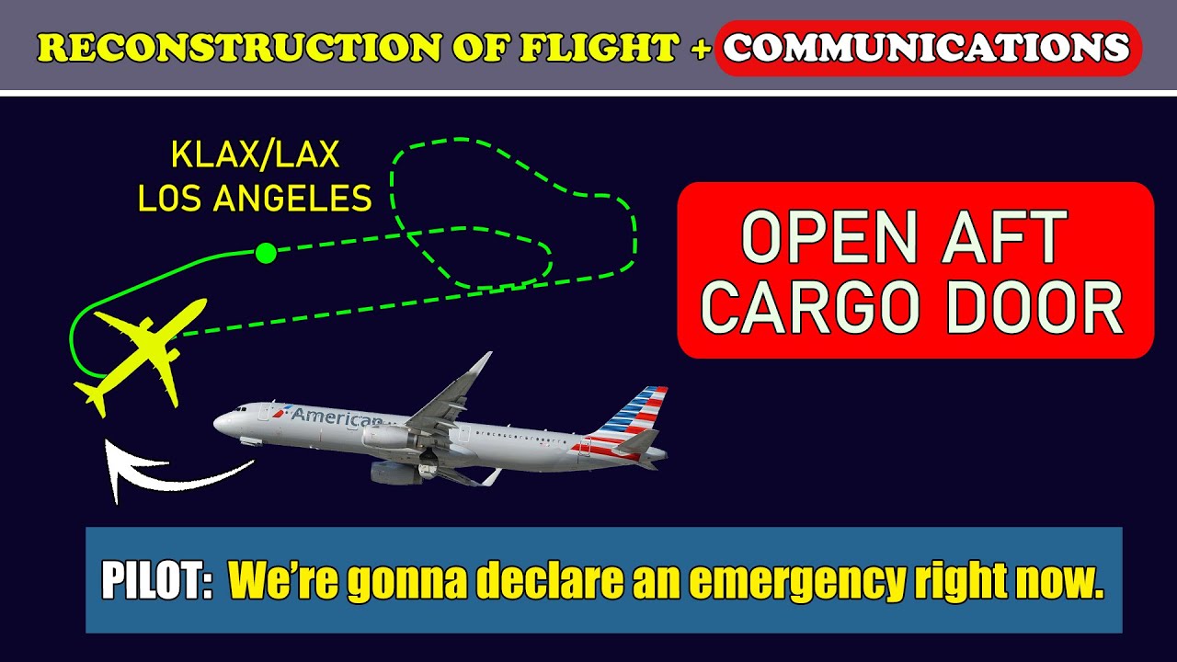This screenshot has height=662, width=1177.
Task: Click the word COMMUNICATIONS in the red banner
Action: click(927, 47)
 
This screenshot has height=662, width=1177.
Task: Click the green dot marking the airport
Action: click(266, 253)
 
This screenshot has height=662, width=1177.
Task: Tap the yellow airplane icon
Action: click(143, 354)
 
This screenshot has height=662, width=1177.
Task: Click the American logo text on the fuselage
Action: click(336, 416)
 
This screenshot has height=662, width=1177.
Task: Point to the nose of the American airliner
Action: click(220, 424)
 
